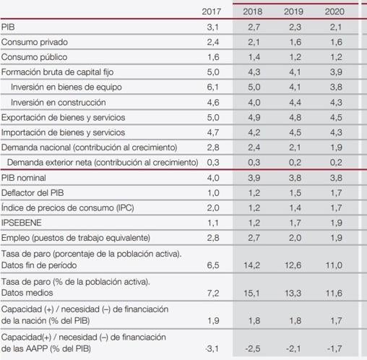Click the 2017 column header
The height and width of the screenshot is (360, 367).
(211, 12)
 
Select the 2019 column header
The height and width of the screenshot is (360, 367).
(293, 12)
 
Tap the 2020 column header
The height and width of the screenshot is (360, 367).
(334, 12)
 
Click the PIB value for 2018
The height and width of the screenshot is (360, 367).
(254, 27)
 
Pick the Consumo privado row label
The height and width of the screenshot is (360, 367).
(35, 42)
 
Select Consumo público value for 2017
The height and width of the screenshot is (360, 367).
(213, 57)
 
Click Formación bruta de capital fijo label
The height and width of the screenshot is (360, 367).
(57, 72)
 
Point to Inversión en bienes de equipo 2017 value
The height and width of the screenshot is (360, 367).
(213, 87)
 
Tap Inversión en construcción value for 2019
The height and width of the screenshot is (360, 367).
(295, 103)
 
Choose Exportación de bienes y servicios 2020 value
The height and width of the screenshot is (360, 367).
(336, 117)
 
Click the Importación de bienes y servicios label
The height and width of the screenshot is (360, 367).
(63, 132)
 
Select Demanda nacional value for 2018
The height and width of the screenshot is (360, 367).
(254, 147)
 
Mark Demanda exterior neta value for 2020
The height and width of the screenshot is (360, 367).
(336, 163)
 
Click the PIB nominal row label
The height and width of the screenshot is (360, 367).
(24, 178)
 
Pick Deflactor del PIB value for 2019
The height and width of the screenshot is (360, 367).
(295, 193)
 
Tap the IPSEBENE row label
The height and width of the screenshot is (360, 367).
(22, 223)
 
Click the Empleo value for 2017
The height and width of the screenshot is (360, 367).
(213, 238)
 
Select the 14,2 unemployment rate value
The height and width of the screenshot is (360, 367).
(252, 265)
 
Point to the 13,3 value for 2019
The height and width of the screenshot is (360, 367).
(293, 293)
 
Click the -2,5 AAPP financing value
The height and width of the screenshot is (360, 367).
(253, 348)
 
